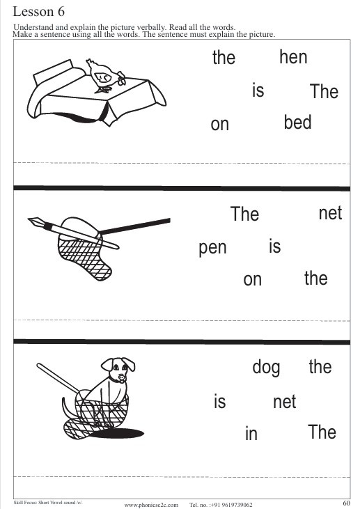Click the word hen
(x=293, y=57)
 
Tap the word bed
(x=297, y=122)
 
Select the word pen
(x=212, y=249)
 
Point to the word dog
(x=266, y=368)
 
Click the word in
(x=251, y=432)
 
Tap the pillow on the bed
(x=56, y=72)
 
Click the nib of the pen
(x=34, y=222)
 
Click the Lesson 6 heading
(x=38, y=12)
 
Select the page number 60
(x=346, y=503)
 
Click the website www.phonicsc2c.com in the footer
(x=151, y=505)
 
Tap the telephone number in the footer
(x=221, y=505)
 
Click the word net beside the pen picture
(x=330, y=213)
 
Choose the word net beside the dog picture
(x=284, y=402)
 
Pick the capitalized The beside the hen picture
(x=324, y=91)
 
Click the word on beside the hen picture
(x=220, y=125)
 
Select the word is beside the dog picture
(x=219, y=401)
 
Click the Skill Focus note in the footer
(x=48, y=503)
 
